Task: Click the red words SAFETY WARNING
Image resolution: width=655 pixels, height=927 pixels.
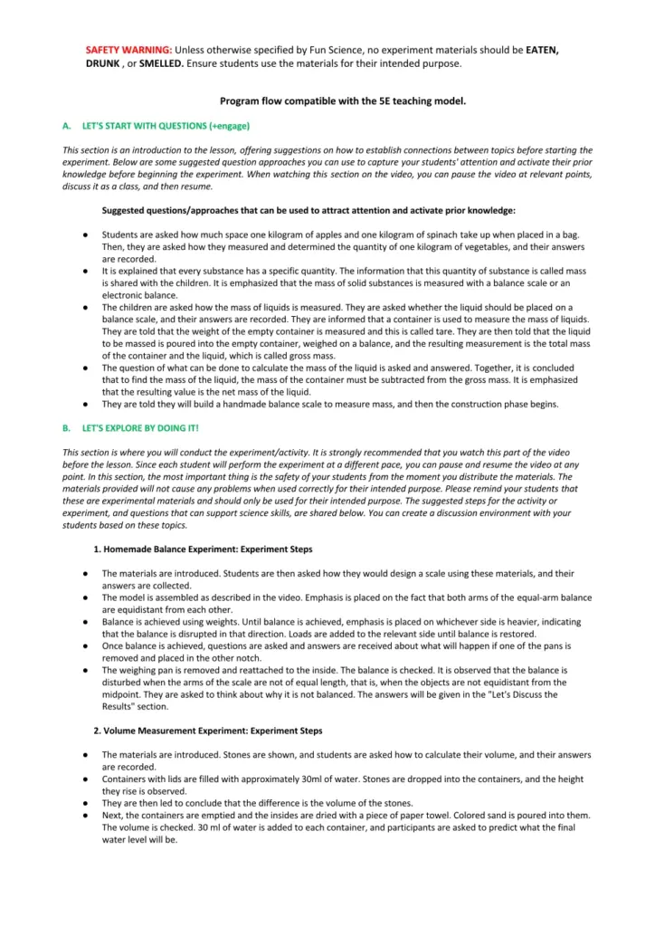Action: click(128, 49)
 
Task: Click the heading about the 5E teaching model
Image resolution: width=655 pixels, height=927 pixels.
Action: click(343, 101)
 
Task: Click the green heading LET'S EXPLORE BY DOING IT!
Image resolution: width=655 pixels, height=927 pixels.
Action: click(140, 427)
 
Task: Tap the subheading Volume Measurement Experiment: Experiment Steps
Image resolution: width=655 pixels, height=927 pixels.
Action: click(208, 730)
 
